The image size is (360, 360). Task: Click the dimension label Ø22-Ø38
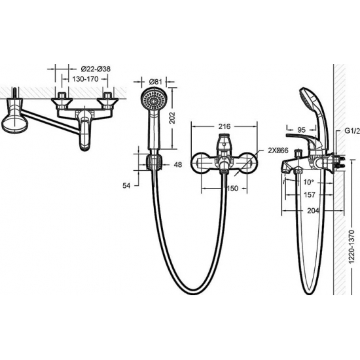[x=96, y=69]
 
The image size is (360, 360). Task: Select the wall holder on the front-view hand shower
[x=154, y=160]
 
